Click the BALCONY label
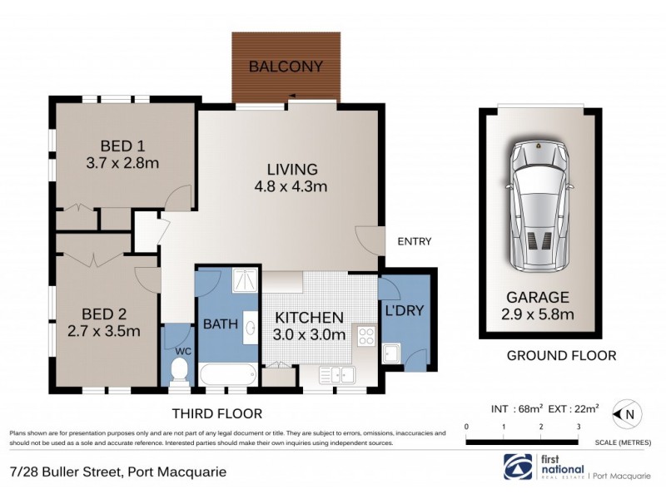click(x=287, y=67)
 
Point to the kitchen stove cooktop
click(x=365, y=335)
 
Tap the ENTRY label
click(x=414, y=242)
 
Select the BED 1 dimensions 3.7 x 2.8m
click(x=122, y=163)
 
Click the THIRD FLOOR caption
click(x=216, y=413)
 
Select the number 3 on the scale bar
click(x=578, y=427)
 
